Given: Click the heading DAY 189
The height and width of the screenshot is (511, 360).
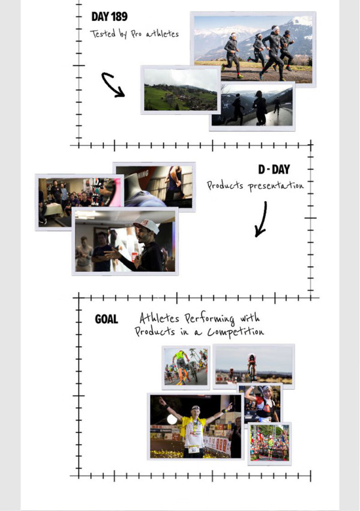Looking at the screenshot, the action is click(109, 17).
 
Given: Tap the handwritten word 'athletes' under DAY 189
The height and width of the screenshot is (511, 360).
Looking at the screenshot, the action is click(163, 34).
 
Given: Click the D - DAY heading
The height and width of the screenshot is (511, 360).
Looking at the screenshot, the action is click(274, 169).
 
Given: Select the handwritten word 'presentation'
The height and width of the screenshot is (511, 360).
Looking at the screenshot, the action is click(275, 186).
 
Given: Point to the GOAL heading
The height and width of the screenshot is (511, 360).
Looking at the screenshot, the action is click(106, 319).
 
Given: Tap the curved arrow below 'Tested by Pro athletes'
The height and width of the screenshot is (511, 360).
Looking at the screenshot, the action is click(113, 85).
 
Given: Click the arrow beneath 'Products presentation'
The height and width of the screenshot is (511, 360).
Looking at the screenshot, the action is click(261, 219).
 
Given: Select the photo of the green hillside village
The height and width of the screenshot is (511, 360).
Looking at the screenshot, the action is click(181, 89).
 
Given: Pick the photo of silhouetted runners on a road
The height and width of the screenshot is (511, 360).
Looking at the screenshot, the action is click(252, 106).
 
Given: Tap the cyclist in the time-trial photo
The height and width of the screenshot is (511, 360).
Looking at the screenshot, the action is click(251, 367).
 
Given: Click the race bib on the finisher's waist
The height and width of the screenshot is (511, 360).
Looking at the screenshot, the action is click(194, 450).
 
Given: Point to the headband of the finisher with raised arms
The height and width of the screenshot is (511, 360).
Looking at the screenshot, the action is click(196, 407).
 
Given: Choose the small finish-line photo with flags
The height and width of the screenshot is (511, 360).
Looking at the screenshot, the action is click(269, 443).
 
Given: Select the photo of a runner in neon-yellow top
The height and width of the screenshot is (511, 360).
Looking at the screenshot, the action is click(186, 367).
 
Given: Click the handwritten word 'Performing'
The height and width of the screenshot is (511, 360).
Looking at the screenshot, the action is click(209, 318).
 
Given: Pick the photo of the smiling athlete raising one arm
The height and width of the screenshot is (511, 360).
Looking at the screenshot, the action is click(262, 403).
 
